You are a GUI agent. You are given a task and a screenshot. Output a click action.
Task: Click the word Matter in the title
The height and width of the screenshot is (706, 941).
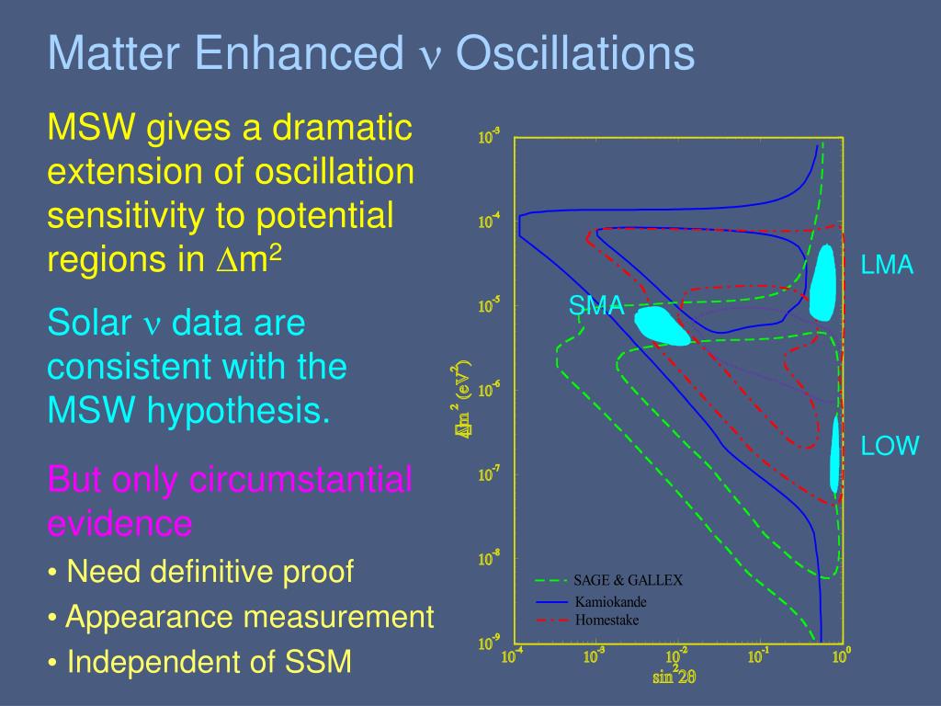point(113,52)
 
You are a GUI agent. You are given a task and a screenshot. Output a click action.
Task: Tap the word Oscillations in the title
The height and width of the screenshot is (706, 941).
point(575,52)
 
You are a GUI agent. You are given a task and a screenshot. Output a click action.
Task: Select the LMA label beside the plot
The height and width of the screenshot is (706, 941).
point(887,265)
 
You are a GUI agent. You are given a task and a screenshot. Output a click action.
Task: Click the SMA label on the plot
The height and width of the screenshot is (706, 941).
point(595,305)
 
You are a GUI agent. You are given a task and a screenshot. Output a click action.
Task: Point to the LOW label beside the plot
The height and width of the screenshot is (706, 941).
point(890,446)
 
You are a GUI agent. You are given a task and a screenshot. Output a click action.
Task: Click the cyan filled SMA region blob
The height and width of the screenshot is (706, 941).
point(661,326)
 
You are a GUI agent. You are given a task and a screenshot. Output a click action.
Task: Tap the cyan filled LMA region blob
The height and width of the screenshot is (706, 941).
point(822,282)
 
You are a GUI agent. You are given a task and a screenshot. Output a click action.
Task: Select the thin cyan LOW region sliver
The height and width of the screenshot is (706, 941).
point(834,454)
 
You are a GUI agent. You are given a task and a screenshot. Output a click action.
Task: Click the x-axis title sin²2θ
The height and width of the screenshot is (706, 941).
point(674,675)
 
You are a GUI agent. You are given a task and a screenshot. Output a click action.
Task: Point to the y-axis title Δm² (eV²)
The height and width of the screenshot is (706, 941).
point(462,399)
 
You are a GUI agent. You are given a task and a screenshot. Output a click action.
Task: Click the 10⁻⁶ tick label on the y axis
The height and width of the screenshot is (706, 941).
point(489,390)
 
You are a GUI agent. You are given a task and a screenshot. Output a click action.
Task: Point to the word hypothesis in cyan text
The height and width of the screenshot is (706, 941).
point(238,411)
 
